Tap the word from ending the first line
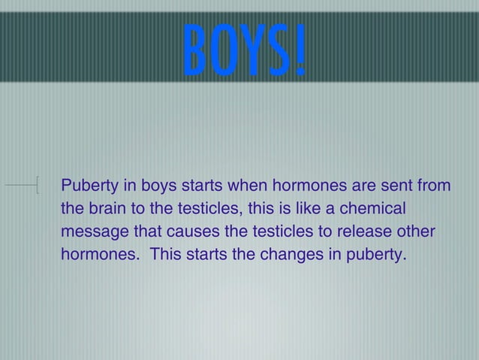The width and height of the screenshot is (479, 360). [434, 184]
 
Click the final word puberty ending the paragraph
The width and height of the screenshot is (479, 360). [375, 254]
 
